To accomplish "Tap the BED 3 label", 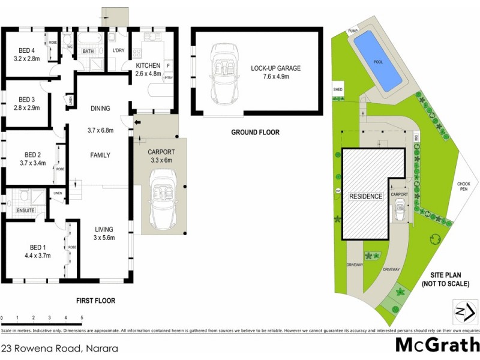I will [x=27, y=100].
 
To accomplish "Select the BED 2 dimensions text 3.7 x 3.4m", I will [x=28, y=163].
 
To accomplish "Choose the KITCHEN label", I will [x=148, y=65].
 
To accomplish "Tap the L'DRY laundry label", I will [x=116, y=51].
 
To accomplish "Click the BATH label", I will [x=88, y=52].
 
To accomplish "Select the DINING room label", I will [x=100, y=109].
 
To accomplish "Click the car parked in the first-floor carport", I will [x=160, y=192].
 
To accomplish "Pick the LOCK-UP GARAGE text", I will [x=275, y=68].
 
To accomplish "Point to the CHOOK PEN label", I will [x=463, y=186].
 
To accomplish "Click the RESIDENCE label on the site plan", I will [x=365, y=196].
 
